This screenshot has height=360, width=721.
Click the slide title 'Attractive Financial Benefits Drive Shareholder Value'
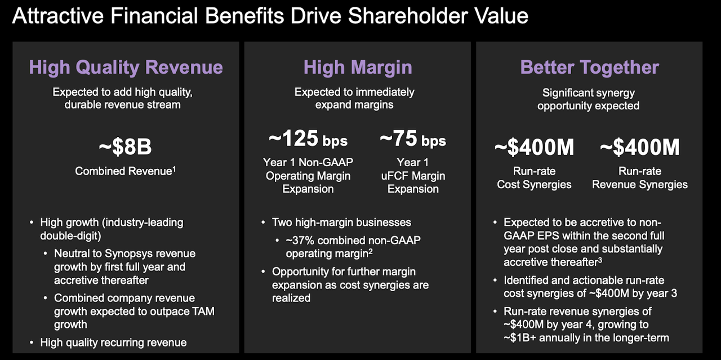(270, 15)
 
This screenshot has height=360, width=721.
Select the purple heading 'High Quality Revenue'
(126, 68)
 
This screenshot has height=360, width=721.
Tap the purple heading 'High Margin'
(358, 68)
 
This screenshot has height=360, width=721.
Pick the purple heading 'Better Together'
(589, 68)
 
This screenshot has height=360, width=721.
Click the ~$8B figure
(125, 148)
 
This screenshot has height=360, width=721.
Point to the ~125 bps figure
(308, 139)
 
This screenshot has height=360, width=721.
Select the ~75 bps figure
(412, 139)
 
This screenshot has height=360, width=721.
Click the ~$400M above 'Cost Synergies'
(534, 148)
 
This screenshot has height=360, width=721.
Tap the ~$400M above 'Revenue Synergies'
(639, 148)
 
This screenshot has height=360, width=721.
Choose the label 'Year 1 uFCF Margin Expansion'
(413, 176)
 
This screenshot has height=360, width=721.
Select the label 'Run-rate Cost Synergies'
(534, 178)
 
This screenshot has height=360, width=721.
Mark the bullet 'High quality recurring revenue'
(113, 342)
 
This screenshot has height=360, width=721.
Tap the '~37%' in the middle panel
(298, 241)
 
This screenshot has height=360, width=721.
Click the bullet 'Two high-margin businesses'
(341, 223)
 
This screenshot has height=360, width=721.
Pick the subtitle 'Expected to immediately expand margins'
(354, 98)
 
